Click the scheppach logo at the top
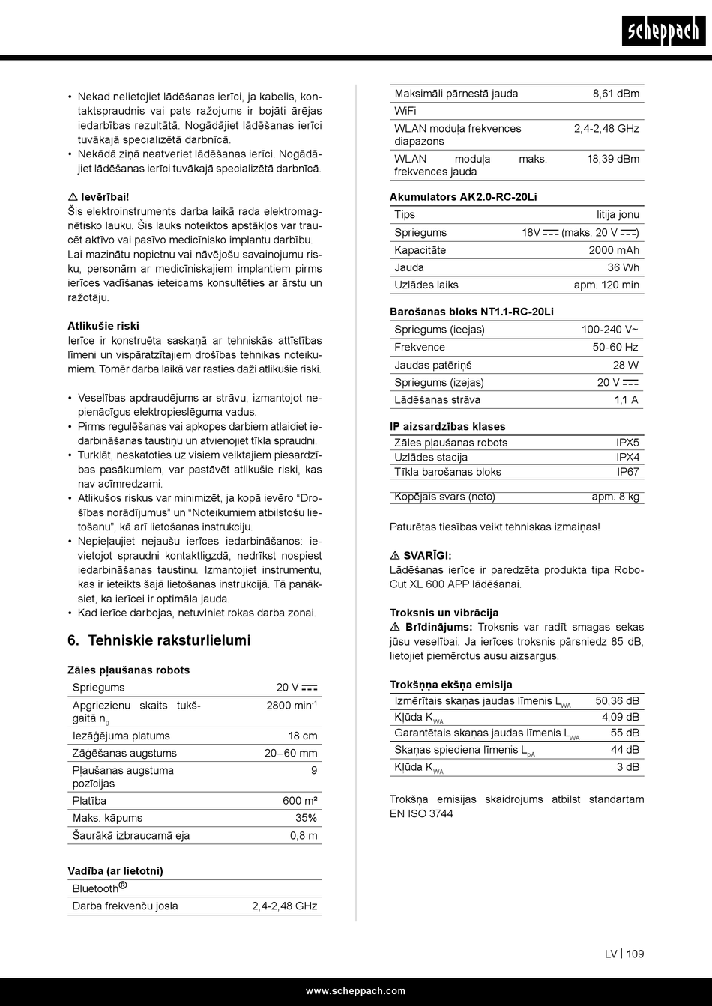click(663, 31)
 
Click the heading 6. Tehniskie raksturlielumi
click(159, 640)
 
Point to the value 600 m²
click(300, 801)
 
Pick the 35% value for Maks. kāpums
click(306, 818)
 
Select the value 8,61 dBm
click(616, 94)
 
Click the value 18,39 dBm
click(613, 159)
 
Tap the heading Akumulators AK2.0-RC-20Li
click(463, 197)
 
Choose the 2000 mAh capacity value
click(614, 250)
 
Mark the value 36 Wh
click(624, 267)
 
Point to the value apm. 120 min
click(606, 285)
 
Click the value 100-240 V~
click(610, 330)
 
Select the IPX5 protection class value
click(627, 443)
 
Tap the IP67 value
click(628, 472)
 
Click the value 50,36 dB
click(617, 701)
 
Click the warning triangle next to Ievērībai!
click(73, 197)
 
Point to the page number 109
click(635, 954)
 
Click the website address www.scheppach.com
click(355, 991)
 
